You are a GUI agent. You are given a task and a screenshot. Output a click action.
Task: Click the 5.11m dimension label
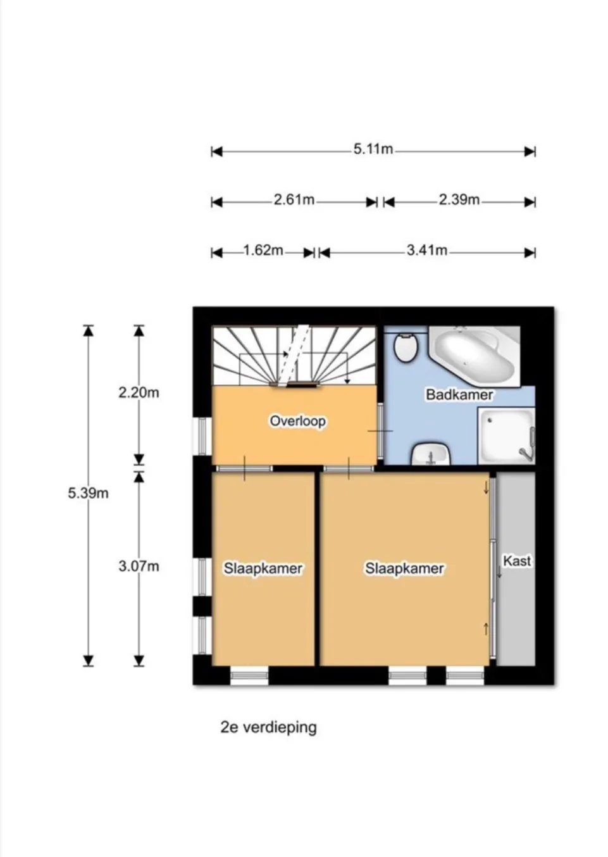click(x=373, y=149)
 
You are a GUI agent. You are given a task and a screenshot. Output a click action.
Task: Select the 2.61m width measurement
click(x=294, y=200)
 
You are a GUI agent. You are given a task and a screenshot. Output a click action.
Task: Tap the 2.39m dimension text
click(x=459, y=200)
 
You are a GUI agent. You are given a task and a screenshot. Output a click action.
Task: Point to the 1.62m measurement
click(x=263, y=251)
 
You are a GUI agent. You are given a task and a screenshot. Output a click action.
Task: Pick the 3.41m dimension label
click(x=427, y=251)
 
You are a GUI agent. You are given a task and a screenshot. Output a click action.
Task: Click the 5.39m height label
click(x=89, y=493)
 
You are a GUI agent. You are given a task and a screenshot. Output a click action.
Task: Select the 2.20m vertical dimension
click(x=139, y=392)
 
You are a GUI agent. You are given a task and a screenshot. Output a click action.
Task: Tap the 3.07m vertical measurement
click(x=139, y=566)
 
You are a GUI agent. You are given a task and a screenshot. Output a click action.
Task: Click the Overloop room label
click(x=298, y=422)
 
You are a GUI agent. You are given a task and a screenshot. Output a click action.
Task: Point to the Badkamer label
click(x=459, y=394)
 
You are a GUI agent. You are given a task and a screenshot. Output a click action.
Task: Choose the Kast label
click(x=517, y=561)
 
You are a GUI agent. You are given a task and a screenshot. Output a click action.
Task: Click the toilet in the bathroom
click(x=406, y=347)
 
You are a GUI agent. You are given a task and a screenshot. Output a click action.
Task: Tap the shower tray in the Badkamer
click(x=506, y=436)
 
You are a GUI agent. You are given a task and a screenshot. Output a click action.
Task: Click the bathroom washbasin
click(x=431, y=454)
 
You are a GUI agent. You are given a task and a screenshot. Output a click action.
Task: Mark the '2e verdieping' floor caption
click(x=269, y=727)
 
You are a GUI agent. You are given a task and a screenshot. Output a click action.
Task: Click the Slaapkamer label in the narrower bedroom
click(x=263, y=568)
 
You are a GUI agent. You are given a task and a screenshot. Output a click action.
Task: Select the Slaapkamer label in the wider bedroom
click(x=404, y=568)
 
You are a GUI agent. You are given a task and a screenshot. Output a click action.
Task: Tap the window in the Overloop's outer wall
click(x=202, y=436)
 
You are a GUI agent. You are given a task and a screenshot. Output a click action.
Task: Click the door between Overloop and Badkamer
click(x=380, y=431)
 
